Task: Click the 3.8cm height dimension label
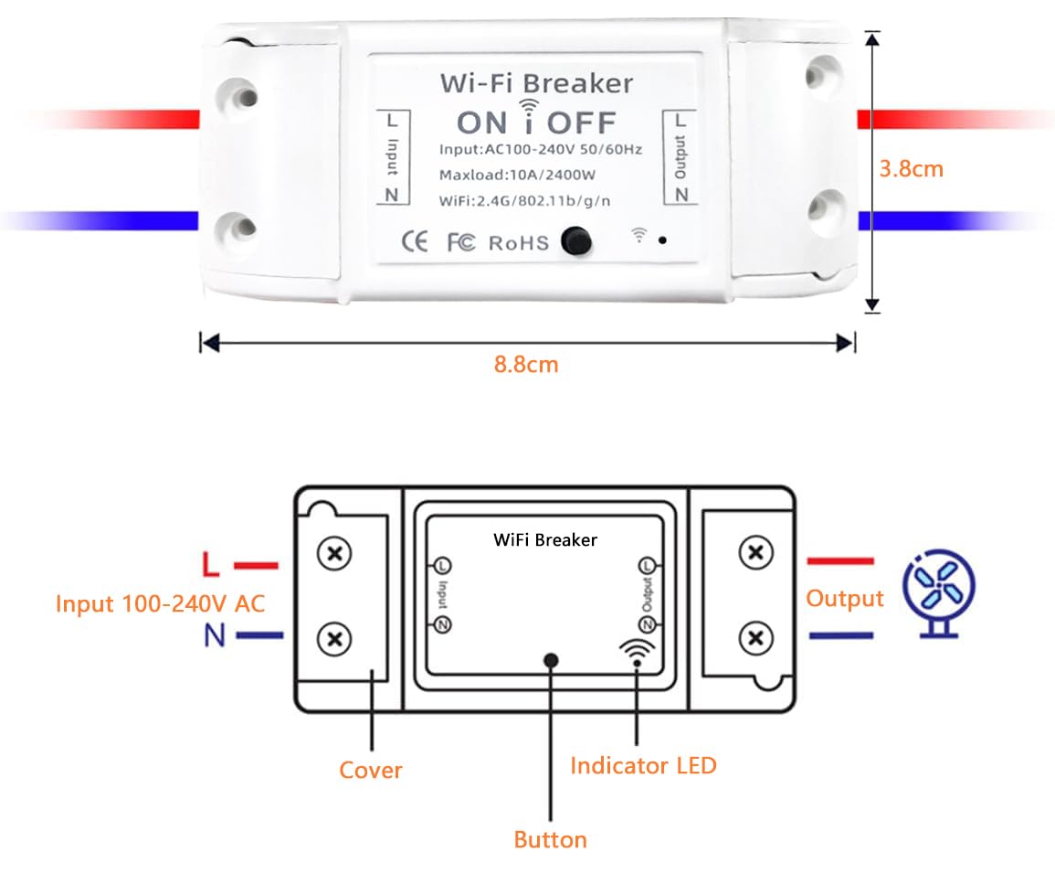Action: pos(911,169)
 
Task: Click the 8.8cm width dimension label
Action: pos(525,364)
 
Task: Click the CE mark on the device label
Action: pos(415,241)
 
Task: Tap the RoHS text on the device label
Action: pos(519,242)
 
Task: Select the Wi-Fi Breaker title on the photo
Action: pos(536,83)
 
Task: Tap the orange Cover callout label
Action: pos(370,770)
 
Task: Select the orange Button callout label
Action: pos(550,839)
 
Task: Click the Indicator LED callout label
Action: pos(643,765)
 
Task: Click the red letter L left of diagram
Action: pos(211,565)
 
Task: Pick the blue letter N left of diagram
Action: pos(214,635)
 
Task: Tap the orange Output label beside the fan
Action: pos(844,599)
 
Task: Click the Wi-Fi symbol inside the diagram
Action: pos(637,651)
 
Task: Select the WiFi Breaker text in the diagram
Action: pos(545,539)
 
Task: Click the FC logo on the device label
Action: pos(461,242)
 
